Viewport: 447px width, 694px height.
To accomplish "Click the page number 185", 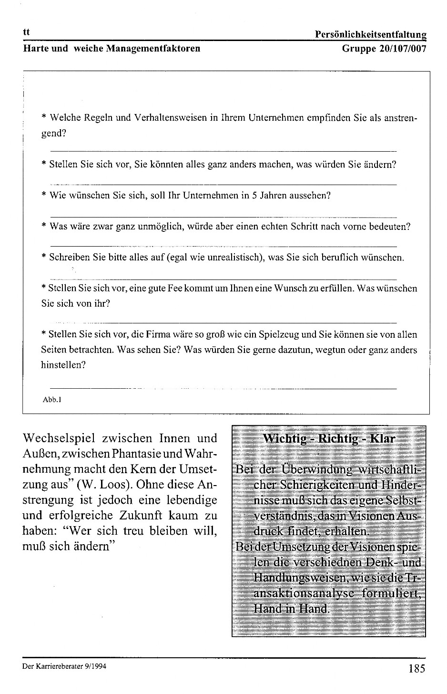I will point(416,668).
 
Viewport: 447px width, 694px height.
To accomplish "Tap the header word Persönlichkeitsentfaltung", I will point(370,34).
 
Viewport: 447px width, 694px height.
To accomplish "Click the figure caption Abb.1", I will point(52,400).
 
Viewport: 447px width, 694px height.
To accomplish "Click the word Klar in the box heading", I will point(382,438).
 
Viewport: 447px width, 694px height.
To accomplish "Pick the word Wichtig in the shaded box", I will point(284,438).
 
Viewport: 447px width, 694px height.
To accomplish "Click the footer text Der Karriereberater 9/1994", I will point(64,666).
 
